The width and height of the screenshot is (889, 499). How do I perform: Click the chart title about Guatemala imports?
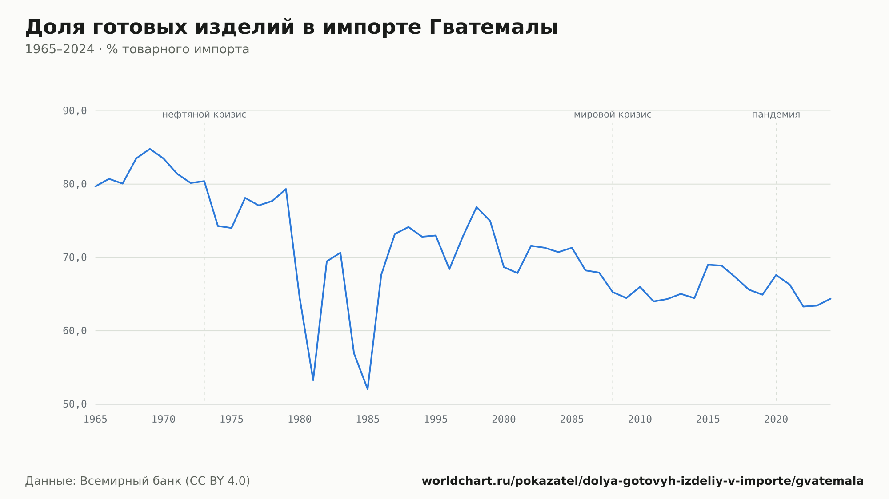click(291, 27)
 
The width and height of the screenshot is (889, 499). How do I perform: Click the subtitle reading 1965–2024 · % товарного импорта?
click(137, 49)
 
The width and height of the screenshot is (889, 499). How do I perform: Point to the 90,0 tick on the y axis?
click(75, 111)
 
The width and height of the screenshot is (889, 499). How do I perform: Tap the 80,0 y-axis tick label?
click(75, 184)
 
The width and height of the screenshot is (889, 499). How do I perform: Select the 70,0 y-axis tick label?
click(75, 257)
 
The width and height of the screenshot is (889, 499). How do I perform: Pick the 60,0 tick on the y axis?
click(75, 331)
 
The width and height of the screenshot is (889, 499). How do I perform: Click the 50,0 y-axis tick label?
click(75, 404)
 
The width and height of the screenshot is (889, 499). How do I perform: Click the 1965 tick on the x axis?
click(96, 420)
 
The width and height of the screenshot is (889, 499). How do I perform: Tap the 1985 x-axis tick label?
click(368, 420)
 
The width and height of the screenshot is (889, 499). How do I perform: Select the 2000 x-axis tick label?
click(504, 420)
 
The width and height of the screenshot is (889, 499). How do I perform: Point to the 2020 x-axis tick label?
click(776, 420)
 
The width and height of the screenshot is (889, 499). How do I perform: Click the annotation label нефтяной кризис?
click(204, 115)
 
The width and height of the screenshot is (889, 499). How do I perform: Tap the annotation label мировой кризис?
click(613, 115)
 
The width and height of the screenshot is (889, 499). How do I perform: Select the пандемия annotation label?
click(776, 115)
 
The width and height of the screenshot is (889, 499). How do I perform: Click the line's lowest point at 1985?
click(368, 389)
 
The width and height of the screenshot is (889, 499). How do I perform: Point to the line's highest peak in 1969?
click(150, 149)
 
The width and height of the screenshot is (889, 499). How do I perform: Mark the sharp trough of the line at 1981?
click(313, 380)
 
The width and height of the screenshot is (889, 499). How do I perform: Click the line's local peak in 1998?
click(477, 207)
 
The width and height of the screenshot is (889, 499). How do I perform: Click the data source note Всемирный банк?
click(138, 481)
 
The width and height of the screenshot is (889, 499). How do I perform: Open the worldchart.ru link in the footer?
click(643, 481)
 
